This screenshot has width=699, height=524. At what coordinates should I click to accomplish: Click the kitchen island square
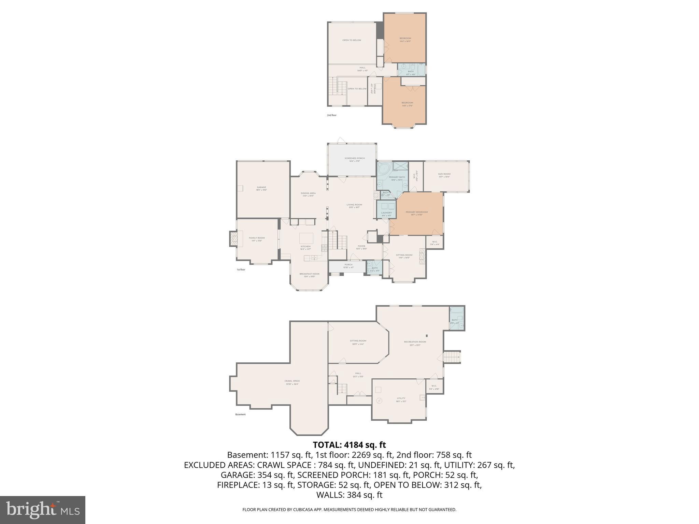tap(306, 237)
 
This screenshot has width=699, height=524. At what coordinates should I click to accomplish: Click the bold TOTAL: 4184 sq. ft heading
tap(349, 445)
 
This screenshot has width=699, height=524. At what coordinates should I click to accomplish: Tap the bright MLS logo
tap(43, 510)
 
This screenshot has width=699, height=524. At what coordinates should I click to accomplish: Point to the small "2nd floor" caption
tap(331, 115)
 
